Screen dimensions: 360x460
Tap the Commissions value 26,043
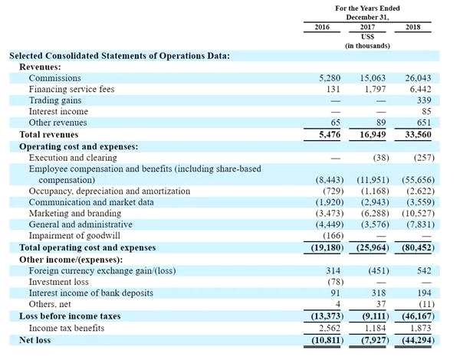[419, 78]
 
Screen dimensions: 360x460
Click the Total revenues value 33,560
[419, 134]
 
